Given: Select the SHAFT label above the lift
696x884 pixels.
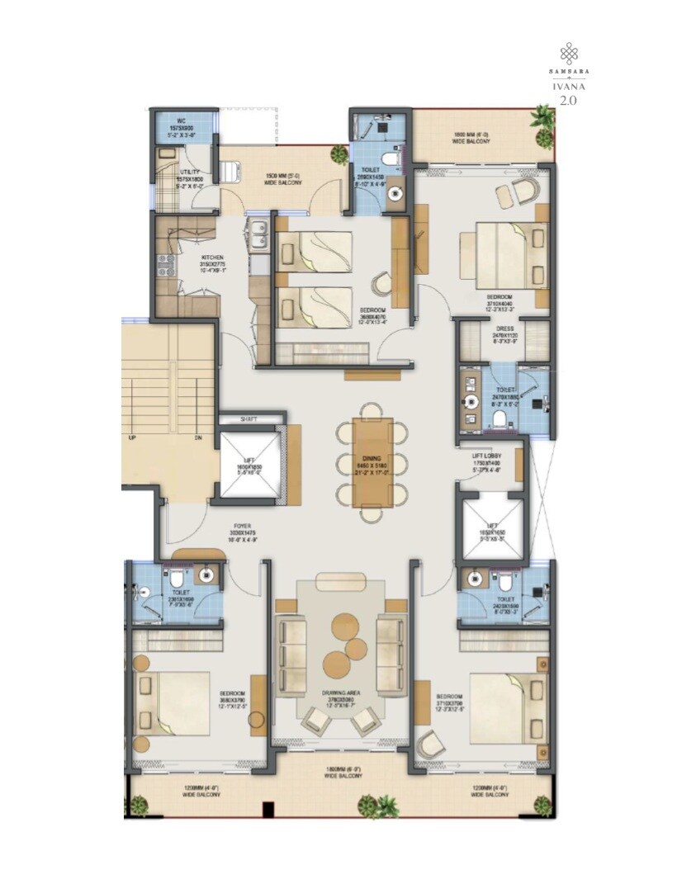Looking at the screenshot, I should [x=249, y=419].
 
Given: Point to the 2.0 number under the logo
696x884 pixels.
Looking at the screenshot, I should [x=567, y=101].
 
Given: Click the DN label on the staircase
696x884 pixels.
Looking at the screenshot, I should [x=198, y=437].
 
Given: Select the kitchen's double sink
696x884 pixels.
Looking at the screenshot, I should [x=258, y=235].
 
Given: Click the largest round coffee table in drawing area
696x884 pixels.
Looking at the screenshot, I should [x=336, y=662].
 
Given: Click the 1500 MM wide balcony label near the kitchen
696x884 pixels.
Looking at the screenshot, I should [x=283, y=179].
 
